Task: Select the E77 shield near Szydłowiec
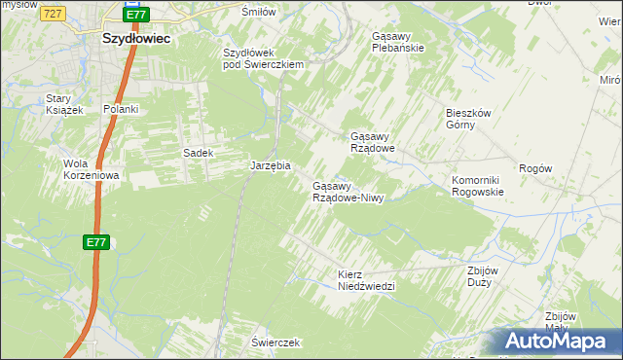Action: [x=136, y=15]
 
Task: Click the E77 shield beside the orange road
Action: [x=94, y=242]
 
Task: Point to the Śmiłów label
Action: [x=259, y=12]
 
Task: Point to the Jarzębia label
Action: [x=271, y=166]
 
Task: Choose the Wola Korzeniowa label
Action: [x=91, y=169]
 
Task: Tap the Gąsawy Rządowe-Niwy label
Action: [x=348, y=192]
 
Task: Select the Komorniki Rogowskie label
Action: [x=477, y=186]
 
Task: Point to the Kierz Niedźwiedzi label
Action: [x=366, y=280]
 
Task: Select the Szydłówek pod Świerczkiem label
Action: [x=264, y=58]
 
